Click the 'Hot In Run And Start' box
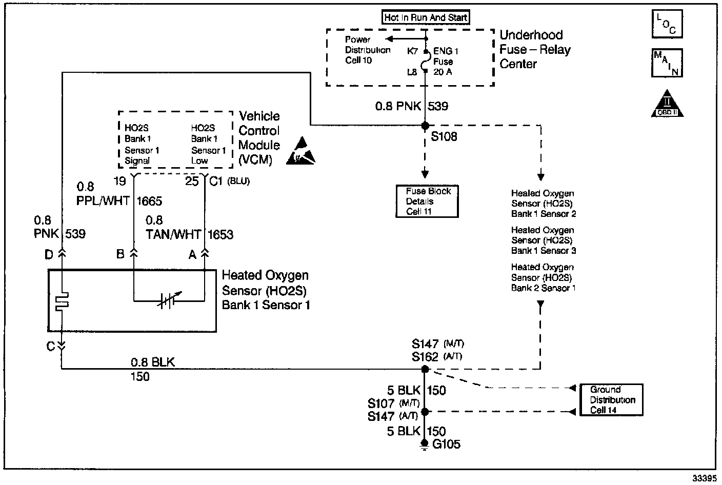[x=426, y=17]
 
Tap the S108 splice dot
[x=425, y=126]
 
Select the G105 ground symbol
[x=425, y=444]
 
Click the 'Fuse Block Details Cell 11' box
[x=426, y=201]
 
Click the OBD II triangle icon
[x=667, y=104]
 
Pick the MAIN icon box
[x=667, y=63]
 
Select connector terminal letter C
[x=51, y=347]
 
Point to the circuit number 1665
[x=149, y=201]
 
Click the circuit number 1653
[x=220, y=235]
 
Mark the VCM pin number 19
[x=119, y=181]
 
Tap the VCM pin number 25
[x=192, y=181]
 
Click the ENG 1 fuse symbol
[x=425, y=62]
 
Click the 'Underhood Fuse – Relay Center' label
[x=535, y=50]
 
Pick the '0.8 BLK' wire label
[x=152, y=362]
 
